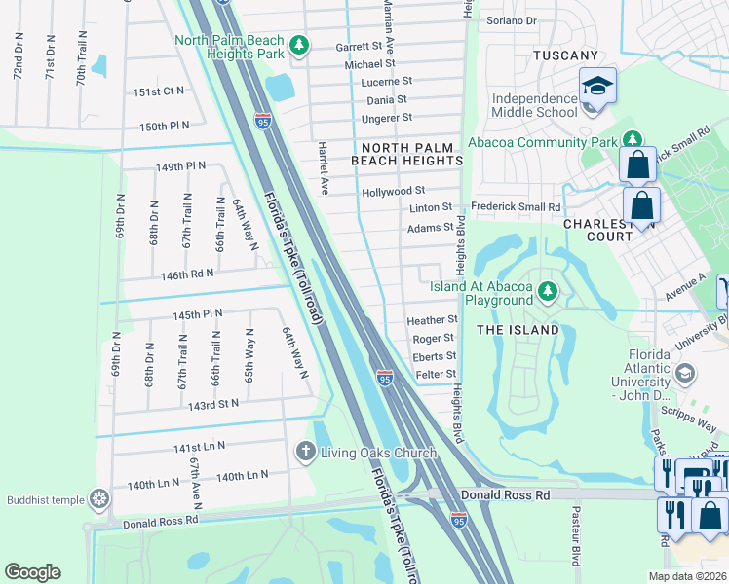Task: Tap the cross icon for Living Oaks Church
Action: pyautogui.click(x=305, y=451)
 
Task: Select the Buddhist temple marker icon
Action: pyautogui.click(x=98, y=499)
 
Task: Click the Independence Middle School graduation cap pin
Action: pyautogui.click(x=597, y=87)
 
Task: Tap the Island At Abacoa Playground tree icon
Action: pyautogui.click(x=549, y=290)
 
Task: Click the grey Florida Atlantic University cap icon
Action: pyautogui.click(x=685, y=374)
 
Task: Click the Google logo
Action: pyautogui.click(x=33, y=572)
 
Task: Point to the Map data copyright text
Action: pyautogui.click(x=687, y=576)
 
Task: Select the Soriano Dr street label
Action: pyautogui.click(x=512, y=20)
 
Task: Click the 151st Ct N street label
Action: pyautogui.click(x=159, y=91)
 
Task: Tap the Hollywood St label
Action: pyautogui.click(x=393, y=192)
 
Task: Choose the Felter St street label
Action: pyautogui.click(x=435, y=374)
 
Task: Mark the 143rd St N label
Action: pyautogui.click(x=213, y=403)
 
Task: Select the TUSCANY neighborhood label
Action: pyautogui.click(x=564, y=55)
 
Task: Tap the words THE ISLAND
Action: pyautogui.click(x=518, y=330)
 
